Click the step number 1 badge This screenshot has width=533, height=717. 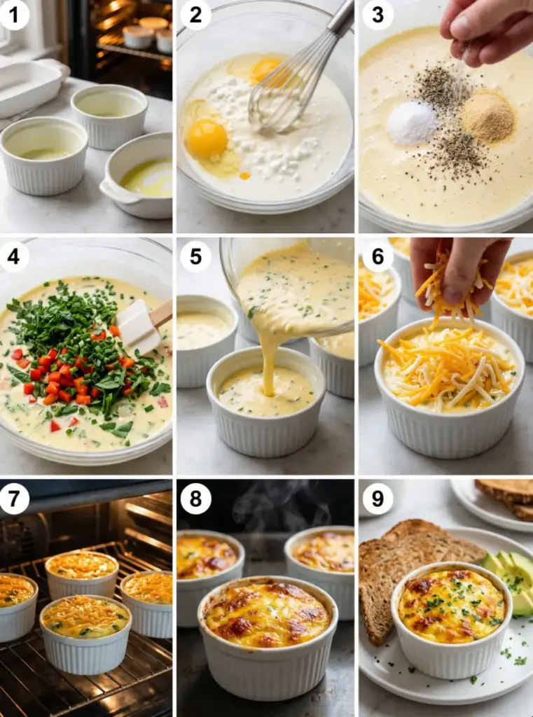click(14, 15)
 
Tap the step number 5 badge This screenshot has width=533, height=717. click(196, 256)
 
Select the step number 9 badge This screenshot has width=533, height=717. click(378, 499)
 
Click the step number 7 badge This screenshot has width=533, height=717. click(14, 499)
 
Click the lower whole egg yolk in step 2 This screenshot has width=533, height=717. click(207, 139)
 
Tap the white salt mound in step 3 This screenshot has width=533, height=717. click(413, 123)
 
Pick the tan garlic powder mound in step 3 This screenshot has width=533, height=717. click(487, 117)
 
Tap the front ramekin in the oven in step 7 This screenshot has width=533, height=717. click(86, 633)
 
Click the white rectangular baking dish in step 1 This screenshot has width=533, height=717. click(29, 85)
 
